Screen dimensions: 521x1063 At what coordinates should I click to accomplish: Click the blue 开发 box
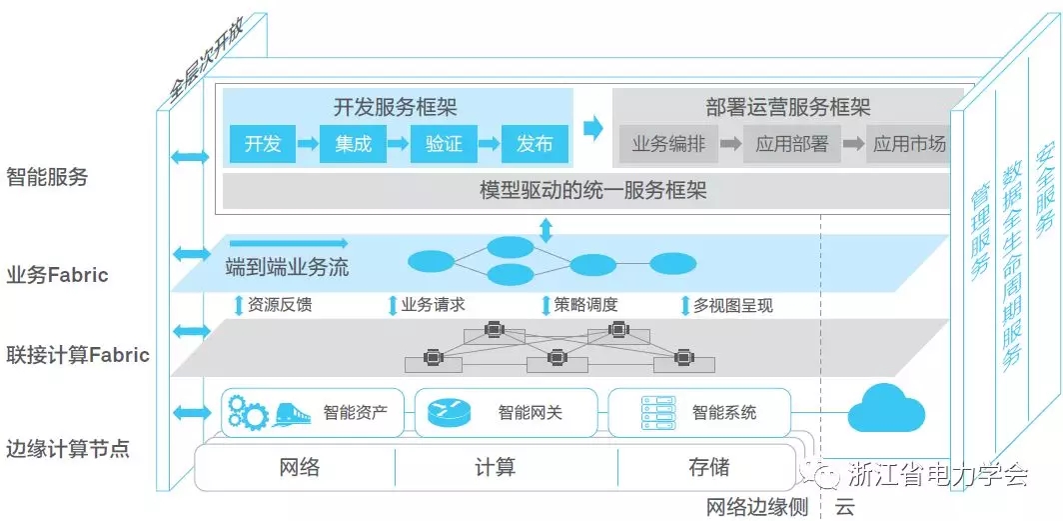(x=263, y=144)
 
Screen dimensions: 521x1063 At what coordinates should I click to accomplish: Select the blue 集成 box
(x=353, y=144)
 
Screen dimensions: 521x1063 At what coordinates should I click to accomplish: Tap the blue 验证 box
(x=444, y=144)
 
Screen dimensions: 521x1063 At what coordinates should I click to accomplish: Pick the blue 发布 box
(x=534, y=144)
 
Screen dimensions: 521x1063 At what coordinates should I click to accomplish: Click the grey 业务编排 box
(x=668, y=144)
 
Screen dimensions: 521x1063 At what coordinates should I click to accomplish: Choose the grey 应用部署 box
(x=792, y=144)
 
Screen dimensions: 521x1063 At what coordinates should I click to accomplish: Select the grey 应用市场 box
(x=909, y=144)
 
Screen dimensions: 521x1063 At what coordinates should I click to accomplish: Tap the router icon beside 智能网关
(x=449, y=412)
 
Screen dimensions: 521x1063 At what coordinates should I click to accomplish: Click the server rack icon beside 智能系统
(x=651, y=412)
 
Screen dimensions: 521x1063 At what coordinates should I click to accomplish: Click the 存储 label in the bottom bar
(x=708, y=466)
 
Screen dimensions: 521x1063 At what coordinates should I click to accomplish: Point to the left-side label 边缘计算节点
(x=67, y=448)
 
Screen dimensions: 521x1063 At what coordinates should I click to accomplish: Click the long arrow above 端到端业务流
(x=288, y=243)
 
